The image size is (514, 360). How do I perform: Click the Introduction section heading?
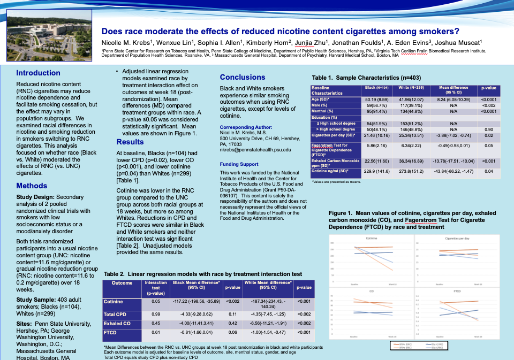(38, 73)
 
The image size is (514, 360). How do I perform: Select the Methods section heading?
(32, 186)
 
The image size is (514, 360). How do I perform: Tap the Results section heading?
(130, 142)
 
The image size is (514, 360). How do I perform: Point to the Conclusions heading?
(243, 77)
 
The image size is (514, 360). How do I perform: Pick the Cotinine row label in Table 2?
(114, 302)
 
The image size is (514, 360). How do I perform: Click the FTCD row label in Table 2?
(110, 333)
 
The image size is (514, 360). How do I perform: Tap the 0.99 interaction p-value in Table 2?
(156, 313)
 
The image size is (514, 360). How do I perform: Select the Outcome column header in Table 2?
(122, 283)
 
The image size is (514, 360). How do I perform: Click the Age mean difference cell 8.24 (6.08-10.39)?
(453, 99)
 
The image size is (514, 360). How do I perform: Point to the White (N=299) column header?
(412, 87)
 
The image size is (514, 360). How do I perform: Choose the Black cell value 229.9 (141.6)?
(377, 171)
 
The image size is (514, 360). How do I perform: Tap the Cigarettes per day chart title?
(457, 238)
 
